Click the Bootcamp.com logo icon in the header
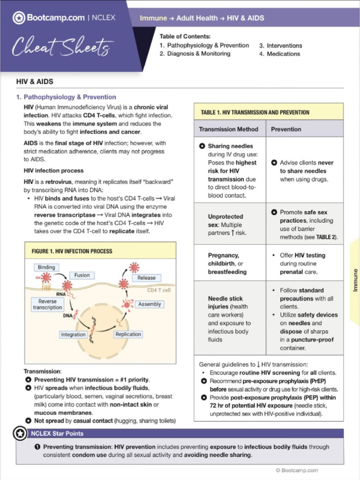(19, 18)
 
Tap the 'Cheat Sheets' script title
(63, 47)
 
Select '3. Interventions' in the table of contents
(281, 45)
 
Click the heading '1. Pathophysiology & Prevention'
(66, 97)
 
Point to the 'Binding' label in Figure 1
(46, 267)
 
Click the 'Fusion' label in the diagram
(82, 275)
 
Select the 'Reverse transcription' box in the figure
(47, 304)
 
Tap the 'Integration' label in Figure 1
(73, 334)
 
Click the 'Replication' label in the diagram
(128, 334)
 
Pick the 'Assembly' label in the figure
(149, 304)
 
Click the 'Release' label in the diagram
(146, 278)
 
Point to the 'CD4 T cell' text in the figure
(159, 290)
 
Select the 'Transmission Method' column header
(228, 129)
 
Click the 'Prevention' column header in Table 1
(286, 129)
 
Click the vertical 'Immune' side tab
(355, 280)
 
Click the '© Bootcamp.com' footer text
(297, 470)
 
